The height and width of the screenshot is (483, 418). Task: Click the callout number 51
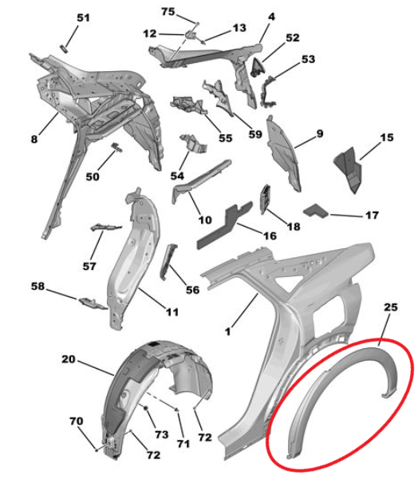(x=83, y=18)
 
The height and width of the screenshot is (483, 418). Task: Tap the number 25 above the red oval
(x=391, y=307)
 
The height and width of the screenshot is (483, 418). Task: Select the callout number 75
(x=168, y=12)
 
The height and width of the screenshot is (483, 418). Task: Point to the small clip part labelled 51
(x=64, y=49)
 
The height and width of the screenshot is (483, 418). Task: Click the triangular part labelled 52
(x=258, y=67)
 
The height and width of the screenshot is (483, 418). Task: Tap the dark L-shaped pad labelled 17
(x=316, y=211)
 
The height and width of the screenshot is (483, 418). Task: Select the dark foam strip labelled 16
(x=224, y=225)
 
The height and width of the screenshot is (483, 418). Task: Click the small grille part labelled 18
(x=266, y=200)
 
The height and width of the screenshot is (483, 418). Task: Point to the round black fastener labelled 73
(x=146, y=408)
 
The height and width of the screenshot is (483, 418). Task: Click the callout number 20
(x=69, y=359)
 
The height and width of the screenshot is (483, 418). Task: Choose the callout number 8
(x=34, y=139)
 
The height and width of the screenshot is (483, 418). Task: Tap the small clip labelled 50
(x=117, y=147)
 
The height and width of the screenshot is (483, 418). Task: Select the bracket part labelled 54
(x=193, y=143)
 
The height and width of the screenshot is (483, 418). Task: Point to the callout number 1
(x=228, y=331)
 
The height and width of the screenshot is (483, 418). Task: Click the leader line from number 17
(x=346, y=216)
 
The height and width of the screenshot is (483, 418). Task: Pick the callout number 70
(x=77, y=421)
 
